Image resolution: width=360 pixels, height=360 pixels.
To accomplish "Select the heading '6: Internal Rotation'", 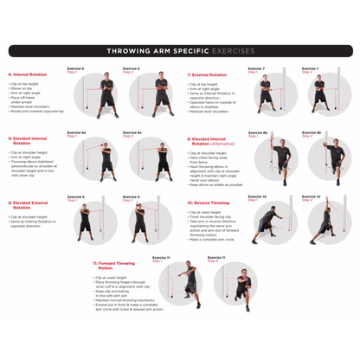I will click(x=28, y=74).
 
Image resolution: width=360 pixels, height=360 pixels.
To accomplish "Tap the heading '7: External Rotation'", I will click(x=209, y=74).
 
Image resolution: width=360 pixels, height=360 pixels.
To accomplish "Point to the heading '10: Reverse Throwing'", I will click(x=209, y=202).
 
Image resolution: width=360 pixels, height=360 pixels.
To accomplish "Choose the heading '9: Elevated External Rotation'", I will click(x=29, y=205).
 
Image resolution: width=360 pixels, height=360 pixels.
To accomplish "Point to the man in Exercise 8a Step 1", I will click(x=107, y=157).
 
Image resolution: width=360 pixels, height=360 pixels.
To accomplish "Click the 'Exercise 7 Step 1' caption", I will click(x=256, y=69).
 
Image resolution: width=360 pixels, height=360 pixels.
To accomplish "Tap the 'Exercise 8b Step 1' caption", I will click(x=258, y=134).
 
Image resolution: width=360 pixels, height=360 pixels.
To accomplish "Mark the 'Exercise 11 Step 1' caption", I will click(x=161, y=259).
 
